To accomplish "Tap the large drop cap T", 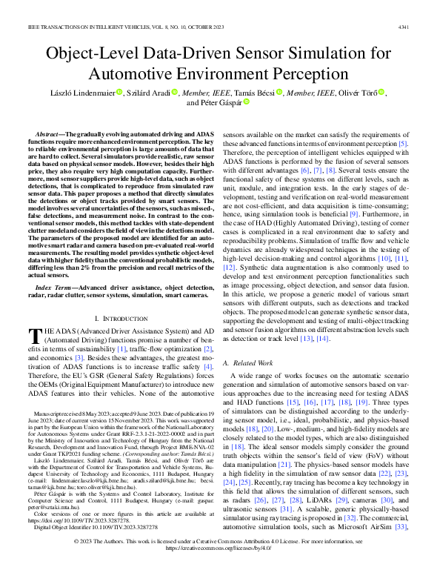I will coord(33,316).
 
